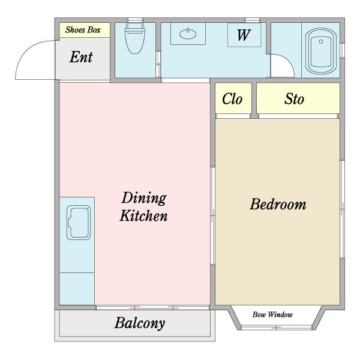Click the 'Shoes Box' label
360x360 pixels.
83,30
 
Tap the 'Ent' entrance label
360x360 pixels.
81,57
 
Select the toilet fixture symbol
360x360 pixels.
135,38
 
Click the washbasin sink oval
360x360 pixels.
188,34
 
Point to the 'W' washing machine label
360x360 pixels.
244,35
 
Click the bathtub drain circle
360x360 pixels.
321,41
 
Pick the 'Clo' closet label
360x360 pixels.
232,99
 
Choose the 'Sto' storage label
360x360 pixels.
295,99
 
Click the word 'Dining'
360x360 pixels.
144,198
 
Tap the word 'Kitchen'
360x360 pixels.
144,216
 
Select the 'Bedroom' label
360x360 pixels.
278,204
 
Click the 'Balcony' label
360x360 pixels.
140,323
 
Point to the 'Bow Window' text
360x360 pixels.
272,314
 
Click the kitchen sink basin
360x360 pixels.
79,223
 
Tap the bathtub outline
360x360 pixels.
321,51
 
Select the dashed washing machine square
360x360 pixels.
244,35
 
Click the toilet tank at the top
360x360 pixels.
135,31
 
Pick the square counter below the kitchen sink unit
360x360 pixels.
77,289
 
